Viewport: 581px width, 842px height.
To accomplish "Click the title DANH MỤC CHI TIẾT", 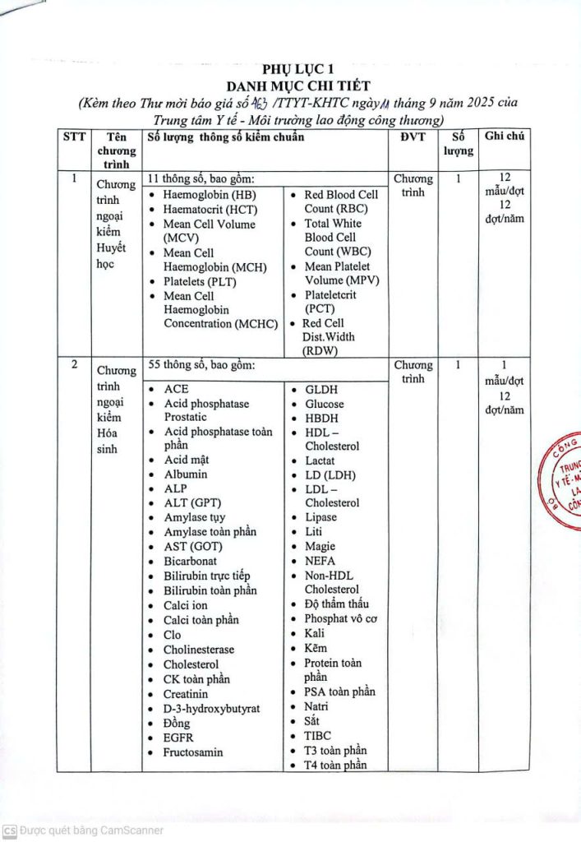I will (x=298, y=86).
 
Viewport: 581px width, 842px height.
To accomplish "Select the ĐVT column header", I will (x=413, y=137).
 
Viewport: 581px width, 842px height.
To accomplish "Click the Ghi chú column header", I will (x=505, y=136).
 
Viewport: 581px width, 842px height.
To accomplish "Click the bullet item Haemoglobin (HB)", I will (x=210, y=195).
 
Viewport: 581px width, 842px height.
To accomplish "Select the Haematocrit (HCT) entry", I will (x=211, y=210).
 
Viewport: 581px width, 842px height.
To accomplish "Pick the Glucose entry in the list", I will (x=325, y=404).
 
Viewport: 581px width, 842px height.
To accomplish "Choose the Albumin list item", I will (x=186, y=474).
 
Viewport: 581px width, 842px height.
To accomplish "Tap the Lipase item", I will (x=320, y=517).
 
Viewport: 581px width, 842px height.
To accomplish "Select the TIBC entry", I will (x=318, y=736).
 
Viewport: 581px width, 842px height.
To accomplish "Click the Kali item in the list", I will (x=315, y=633).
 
